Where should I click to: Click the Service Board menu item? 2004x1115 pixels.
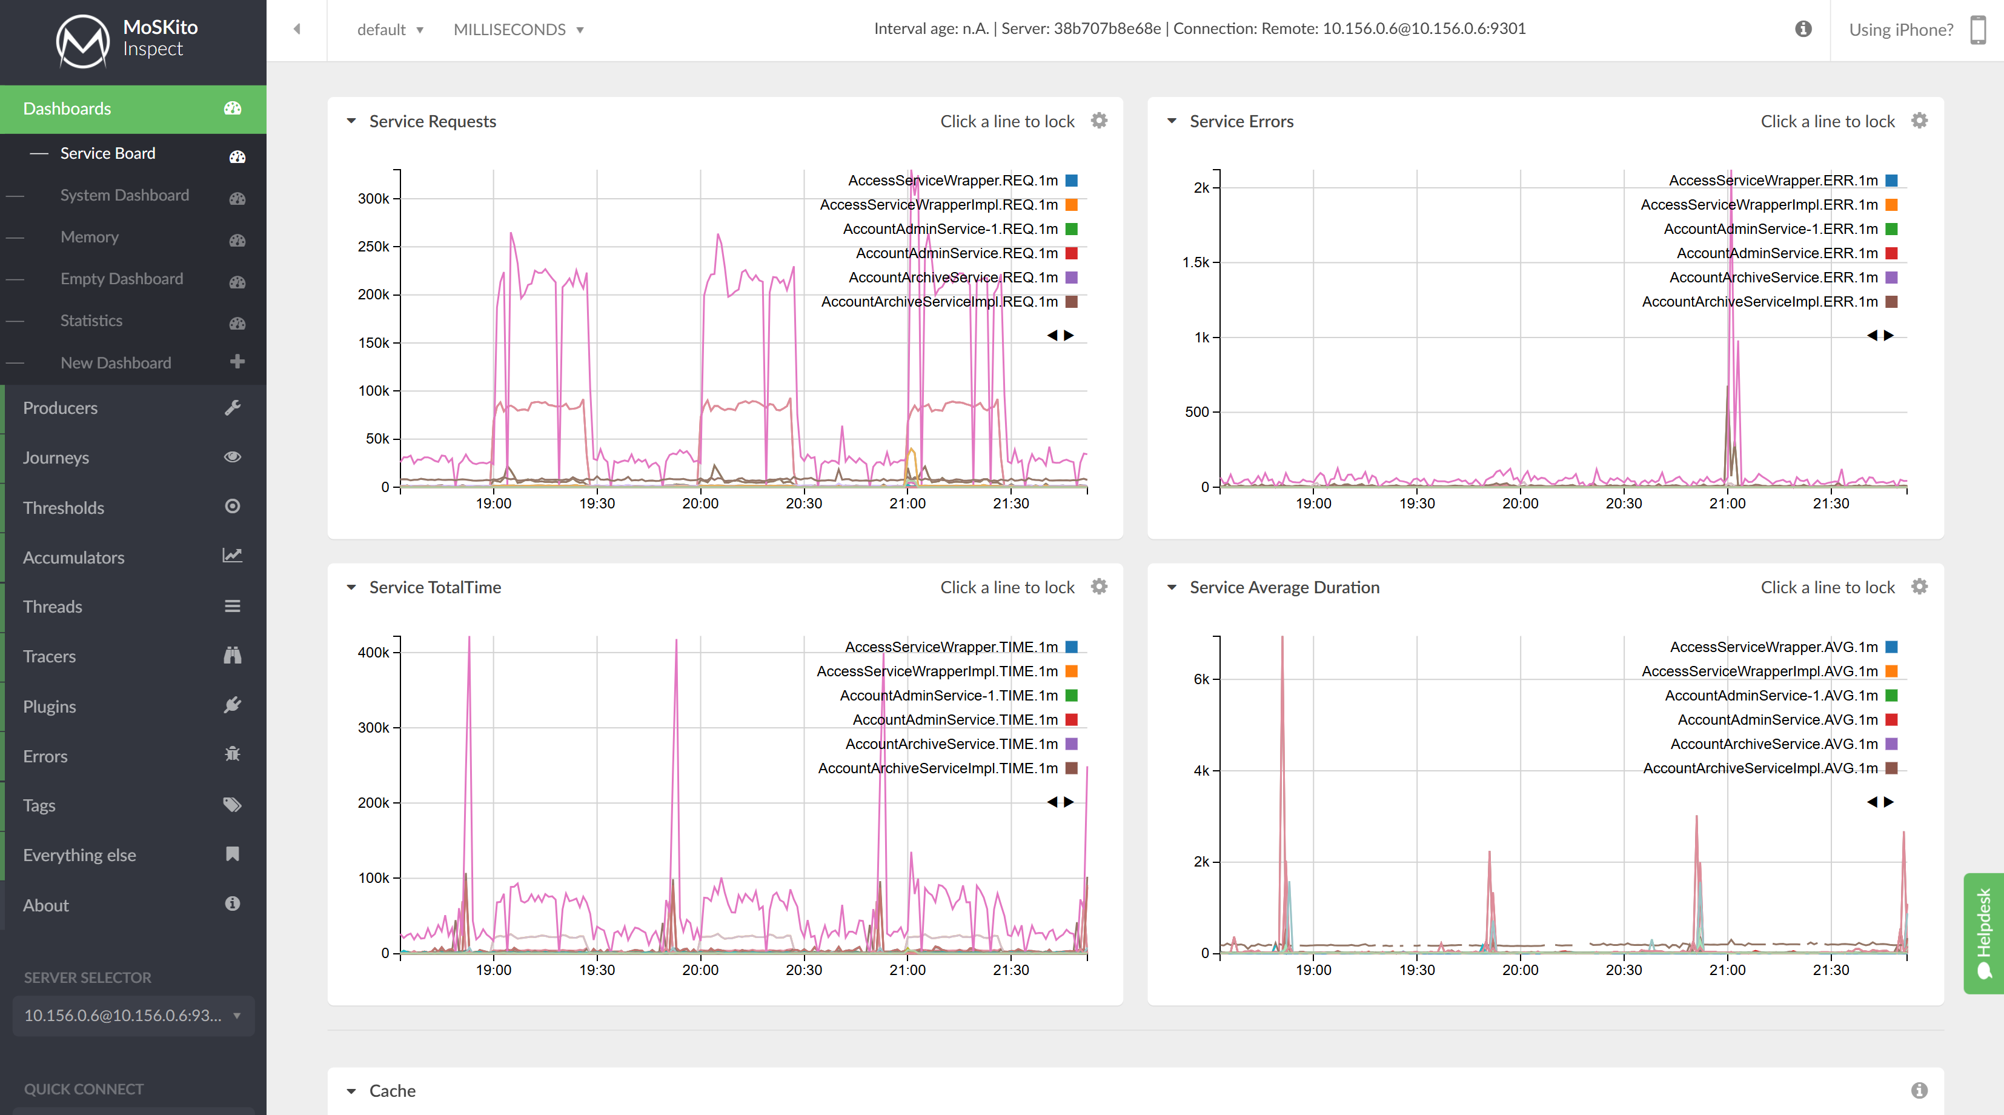coord(107,153)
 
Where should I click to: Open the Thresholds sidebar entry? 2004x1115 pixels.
coord(63,507)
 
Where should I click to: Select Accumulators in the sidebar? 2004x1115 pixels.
coord(73,557)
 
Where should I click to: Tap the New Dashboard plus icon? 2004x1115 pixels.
coord(237,362)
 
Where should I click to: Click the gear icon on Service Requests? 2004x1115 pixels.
coord(1098,121)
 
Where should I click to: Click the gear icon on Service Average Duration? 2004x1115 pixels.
coord(1919,587)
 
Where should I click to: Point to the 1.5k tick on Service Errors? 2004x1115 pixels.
coord(1196,262)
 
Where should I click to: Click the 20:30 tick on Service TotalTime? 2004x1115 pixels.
coord(804,970)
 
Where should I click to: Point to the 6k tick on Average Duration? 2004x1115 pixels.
coord(1201,679)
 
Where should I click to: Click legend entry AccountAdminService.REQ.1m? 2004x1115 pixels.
coord(957,253)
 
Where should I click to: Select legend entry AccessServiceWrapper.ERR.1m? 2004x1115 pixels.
coord(1773,181)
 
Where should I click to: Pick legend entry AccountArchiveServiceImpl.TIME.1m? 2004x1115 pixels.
coord(937,768)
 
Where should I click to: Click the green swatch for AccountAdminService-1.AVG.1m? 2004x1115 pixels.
coord(1892,696)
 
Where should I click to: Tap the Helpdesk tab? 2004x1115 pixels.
coord(1984,933)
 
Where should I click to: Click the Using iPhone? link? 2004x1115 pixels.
coord(1900,30)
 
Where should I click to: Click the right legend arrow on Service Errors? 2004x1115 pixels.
coord(1889,335)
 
